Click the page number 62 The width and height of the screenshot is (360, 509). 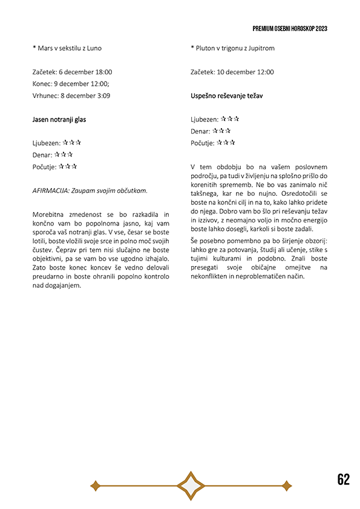(x=343, y=479)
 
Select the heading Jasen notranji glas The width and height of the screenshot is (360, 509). (x=59, y=120)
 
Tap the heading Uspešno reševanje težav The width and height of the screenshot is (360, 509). (x=226, y=96)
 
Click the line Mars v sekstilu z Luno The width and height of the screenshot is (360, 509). (x=71, y=48)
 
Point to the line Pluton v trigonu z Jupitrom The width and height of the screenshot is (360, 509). (x=232, y=48)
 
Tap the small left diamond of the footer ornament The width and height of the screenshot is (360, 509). (x=94, y=485)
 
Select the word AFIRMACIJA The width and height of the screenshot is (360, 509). (x=50, y=190)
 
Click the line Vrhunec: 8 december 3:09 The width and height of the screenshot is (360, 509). (x=71, y=96)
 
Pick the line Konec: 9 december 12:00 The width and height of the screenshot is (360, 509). (x=70, y=84)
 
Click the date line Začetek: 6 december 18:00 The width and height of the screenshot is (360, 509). (x=72, y=72)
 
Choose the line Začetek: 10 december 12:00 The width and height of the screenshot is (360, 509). (x=232, y=72)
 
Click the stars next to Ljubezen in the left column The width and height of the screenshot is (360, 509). (x=73, y=143)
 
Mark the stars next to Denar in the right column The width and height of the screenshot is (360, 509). (x=222, y=131)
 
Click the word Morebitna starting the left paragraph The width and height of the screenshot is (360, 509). (x=51, y=215)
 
